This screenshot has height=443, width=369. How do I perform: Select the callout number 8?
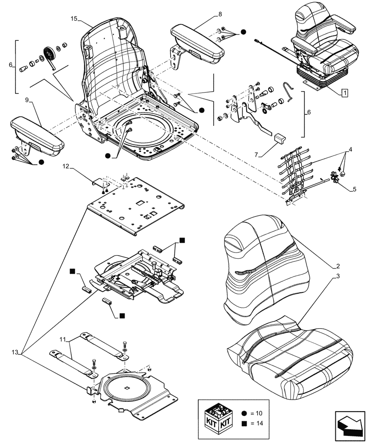[x=220, y=15]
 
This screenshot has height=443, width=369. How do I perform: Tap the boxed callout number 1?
[x=344, y=93]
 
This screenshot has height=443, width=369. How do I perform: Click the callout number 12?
[x=66, y=166]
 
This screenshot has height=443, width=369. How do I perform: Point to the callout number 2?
[x=338, y=266]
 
